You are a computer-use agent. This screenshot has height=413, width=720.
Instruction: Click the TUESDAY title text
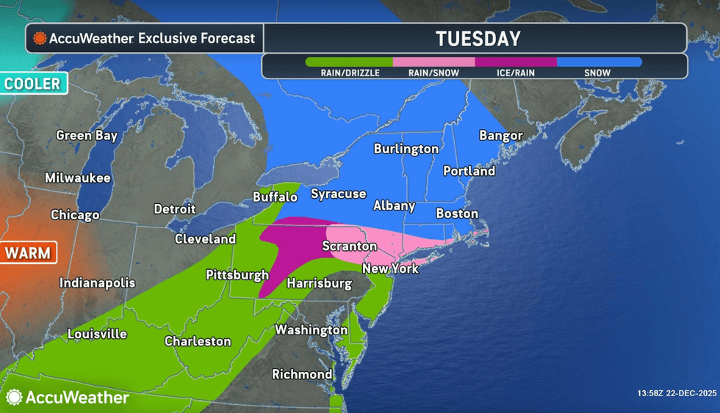(x=478, y=39)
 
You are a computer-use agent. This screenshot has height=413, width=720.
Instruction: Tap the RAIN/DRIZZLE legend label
(x=350, y=73)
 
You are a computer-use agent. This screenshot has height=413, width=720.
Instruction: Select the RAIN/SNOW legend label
(x=433, y=73)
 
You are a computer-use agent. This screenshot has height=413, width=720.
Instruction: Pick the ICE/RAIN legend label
(x=515, y=73)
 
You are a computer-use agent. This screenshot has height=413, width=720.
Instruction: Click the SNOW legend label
(x=599, y=73)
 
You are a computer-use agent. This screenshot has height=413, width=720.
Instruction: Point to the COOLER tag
(x=33, y=84)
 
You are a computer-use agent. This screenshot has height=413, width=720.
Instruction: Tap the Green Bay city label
(x=87, y=135)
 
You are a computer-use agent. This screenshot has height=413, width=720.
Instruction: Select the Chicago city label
(x=75, y=215)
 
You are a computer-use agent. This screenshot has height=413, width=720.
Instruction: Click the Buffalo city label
(x=275, y=197)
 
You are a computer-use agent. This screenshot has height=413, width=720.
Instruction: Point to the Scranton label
(x=350, y=246)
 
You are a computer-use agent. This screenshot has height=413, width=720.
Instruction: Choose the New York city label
(x=390, y=268)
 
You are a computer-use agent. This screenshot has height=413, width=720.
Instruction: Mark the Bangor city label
(x=500, y=135)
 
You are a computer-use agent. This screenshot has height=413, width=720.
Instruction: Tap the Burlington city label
(x=406, y=149)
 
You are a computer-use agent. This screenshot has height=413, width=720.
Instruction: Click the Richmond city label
(x=302, y=374)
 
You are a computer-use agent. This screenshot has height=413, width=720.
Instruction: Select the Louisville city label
(x=97, y=334)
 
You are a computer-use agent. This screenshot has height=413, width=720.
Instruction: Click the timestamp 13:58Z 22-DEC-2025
(x=677, y=394)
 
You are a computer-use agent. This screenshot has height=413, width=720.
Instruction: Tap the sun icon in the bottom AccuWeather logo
(x=14, y=398)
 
